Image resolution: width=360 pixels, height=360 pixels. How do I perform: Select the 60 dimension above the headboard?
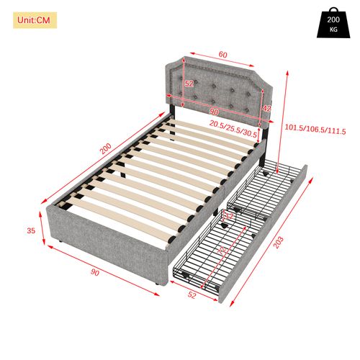(x=223, y=54)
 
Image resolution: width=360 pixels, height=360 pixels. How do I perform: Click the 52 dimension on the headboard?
(x=190, y=84)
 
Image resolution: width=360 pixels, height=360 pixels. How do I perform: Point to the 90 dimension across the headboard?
(x=213, y=112)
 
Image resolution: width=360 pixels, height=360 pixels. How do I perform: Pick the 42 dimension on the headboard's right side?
(x=266, y=109)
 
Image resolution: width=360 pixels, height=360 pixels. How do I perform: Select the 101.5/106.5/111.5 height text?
(x=317, y=131)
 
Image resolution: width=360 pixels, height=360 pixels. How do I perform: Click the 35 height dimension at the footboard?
(x=31, y=231)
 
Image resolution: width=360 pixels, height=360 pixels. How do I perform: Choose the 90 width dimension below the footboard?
(x=95, y=274)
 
